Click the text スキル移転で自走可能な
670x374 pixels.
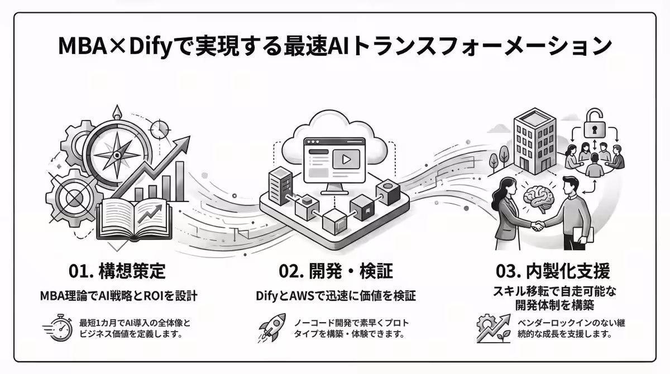(x=552, y=291)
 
